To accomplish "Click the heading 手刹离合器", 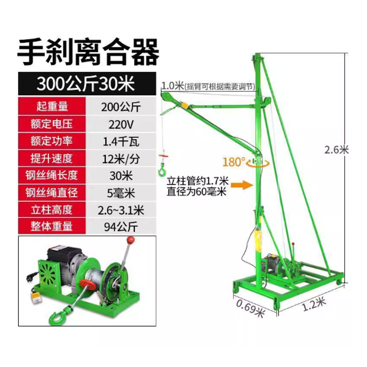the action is pyautogui.click(x=89, y=52).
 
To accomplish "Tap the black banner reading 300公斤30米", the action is pyautogui.click(x=87, y=83).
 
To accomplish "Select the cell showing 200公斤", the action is pyautogui.click(x=121, y=107).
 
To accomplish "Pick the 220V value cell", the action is pyautogui.click(x=121, y=124).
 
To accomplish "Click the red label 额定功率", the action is pyautogui.click(x=52, y=141).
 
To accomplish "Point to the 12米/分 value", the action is pyautogui.click(x=121, y=159).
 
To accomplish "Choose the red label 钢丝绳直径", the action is pyautogui.click(x=52, y=193).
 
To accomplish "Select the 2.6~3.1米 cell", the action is pyautogui.click(x=121, y=211).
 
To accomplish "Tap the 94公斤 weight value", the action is pyautogui.click(x=121, y=227).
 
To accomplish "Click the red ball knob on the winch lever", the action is pyautogui.click(x=131, y=240).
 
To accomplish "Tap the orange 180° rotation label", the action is pyautogui.click(x=234, y=162).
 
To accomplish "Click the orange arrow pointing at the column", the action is pyautogui.click(x=242, y=185).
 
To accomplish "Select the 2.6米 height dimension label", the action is pyautogui.click(x=336, y=150).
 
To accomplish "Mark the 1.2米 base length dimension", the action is pyautogui.click(x=314, y=304).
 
